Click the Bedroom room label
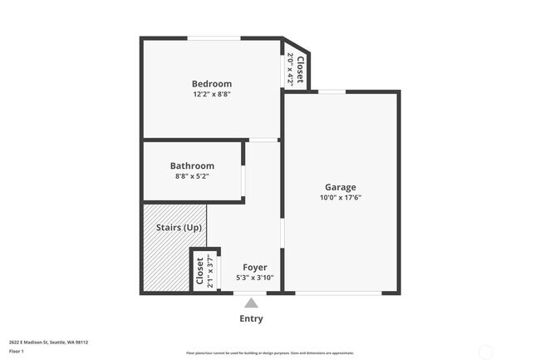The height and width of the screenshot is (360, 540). click(x=211, y=84)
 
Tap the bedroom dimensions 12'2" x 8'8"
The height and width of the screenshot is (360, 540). click(x=211, y=95)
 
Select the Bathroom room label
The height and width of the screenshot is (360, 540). click(x=192, y=165)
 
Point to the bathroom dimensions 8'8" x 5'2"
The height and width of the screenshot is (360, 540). click(x=192, y=176)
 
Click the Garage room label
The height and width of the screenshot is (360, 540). click(x=340, y=187)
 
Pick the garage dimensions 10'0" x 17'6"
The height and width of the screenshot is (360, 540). click(x=340, y=198)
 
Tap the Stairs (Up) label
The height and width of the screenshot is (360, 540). click(x=179, y=228)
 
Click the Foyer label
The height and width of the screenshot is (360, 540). click(x=254, y=267)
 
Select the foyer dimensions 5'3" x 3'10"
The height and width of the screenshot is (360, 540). click(x=254, y=278)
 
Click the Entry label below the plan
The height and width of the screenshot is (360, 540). click(x=251, y=318)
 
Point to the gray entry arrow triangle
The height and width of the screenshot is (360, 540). click(x=251, y=303)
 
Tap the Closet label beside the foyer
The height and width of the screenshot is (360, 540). click(x=200, y=271)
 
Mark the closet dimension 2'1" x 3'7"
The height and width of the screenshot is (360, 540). click(x=211, y=271)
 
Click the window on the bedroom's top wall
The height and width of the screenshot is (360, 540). click(x=214, y=38)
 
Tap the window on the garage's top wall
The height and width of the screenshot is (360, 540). click(x=332, y=91)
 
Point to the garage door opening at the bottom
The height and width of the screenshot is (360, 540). click(x=339, y=293)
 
